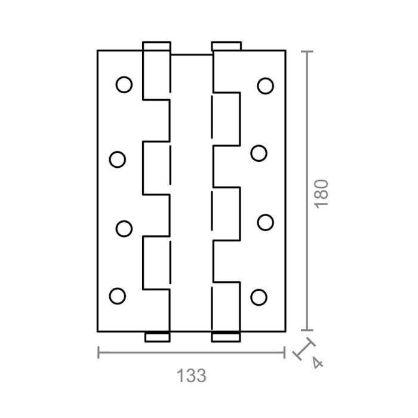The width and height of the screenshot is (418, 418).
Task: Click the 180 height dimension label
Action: (x=322, y=192)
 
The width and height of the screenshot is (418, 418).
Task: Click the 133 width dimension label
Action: (x=192, y=376)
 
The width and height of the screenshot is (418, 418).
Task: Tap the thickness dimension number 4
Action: (x=316, y=362)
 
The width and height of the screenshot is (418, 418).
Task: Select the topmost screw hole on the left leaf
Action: (x=124, y=85)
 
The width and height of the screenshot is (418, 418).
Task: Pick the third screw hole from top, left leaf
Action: (x=124, y=228)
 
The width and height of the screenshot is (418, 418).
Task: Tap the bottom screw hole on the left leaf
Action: (x=118, y=295)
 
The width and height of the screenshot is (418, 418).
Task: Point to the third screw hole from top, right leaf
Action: (x=265, y=222)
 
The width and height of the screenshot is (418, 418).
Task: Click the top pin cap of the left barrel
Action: (x=156, y=46)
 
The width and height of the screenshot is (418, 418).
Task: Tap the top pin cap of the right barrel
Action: (x=226, y=46)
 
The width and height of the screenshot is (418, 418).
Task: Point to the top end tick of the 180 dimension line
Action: (x=306, y=52)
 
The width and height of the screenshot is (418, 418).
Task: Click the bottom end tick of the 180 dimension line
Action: (x=306, y=330)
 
